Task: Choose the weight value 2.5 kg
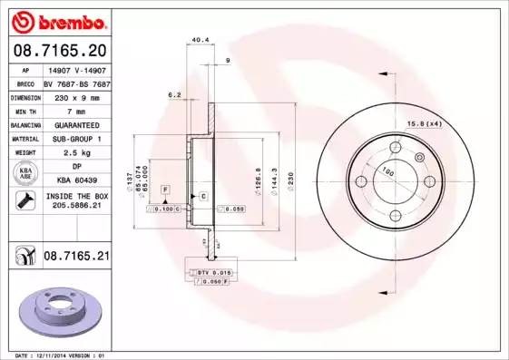point(60,152)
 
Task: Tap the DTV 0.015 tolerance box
point(211,272)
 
